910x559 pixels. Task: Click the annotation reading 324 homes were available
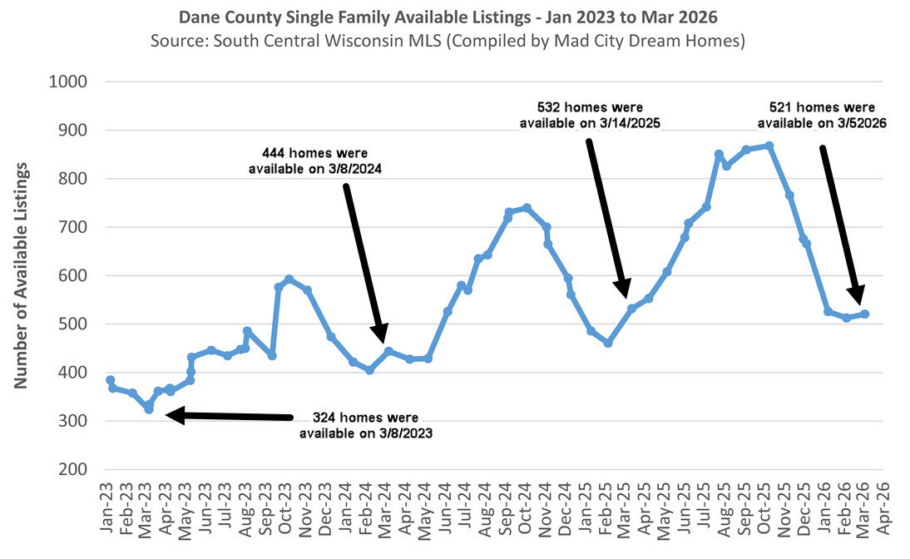pyautogui.click(x=365, y=424)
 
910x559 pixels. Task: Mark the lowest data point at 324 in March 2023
pyautogui.click(x=149, y=409)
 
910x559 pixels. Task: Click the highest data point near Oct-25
pyautogui.click(x=769, y=146)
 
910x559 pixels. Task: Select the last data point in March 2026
pyautogui.click(x=865, y=314)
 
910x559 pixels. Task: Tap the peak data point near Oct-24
pyautogui.click(x=527, y=208)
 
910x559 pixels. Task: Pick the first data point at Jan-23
pyautogui.click(x=110, y=380)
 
